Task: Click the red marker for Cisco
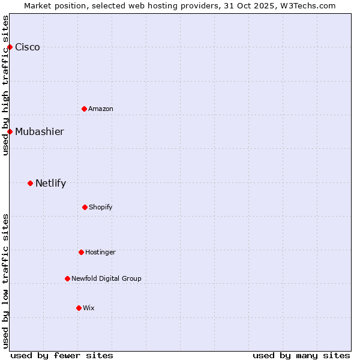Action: tap(10, 47)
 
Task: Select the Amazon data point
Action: tap(84, 109)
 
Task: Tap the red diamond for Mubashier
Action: tap(10, 131)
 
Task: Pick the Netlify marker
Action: tap(30, 183)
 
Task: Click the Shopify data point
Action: tap(85, 207)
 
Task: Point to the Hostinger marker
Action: tap(81, 252)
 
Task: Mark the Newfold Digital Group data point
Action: tap(67, 278)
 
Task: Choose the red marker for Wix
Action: tap(79, 308)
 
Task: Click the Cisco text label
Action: tap(28, 47)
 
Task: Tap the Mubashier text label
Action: tap(40, 132)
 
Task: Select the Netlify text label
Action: tap(50, 184)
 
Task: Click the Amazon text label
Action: tap(101, 109)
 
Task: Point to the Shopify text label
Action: tap(101, 208)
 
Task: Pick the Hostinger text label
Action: tap(100, 253)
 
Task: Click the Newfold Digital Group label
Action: tap(106, 279)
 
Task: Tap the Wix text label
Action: tap(89, 308)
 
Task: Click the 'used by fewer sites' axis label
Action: tap(62, 355)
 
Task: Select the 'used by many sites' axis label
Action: tap(301, 355)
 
